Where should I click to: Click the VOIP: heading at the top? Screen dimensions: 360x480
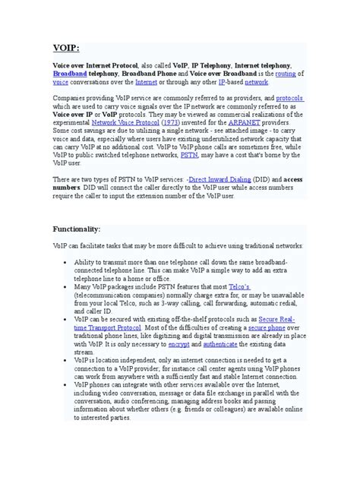pyautogui.click(x=66, y=46)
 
